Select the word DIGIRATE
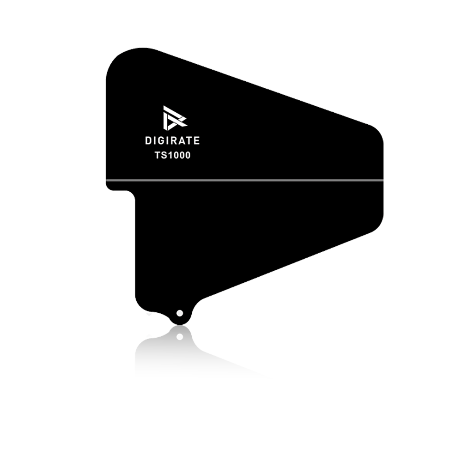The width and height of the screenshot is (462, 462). (x=172, y=140)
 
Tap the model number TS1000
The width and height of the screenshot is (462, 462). (x=173, y=155)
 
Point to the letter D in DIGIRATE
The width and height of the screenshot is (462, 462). (x=148, y=140)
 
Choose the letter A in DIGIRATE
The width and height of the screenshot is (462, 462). (x=182, y=140)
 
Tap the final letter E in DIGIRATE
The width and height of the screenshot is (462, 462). (x=197, y=140)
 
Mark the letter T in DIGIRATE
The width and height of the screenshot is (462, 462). (x=189, y=140)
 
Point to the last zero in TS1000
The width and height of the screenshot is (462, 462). (x=188, y=155)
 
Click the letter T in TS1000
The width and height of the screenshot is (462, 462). (x=158, y=155)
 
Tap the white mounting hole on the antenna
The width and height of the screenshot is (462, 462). (x=179, y=313)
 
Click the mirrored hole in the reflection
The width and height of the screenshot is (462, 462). (x=180, y=337)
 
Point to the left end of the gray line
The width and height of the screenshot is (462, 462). (x=106, y=180)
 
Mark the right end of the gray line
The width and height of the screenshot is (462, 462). (x=383, y=180)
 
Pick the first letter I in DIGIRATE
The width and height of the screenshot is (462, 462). (x=155, y=140)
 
